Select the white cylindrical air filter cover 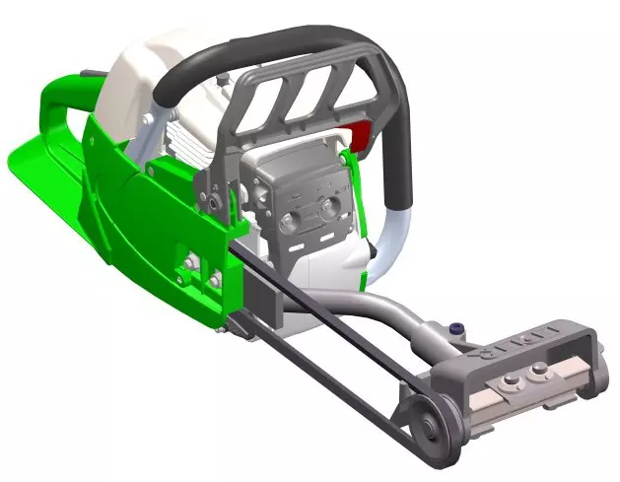tap(148, 79)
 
